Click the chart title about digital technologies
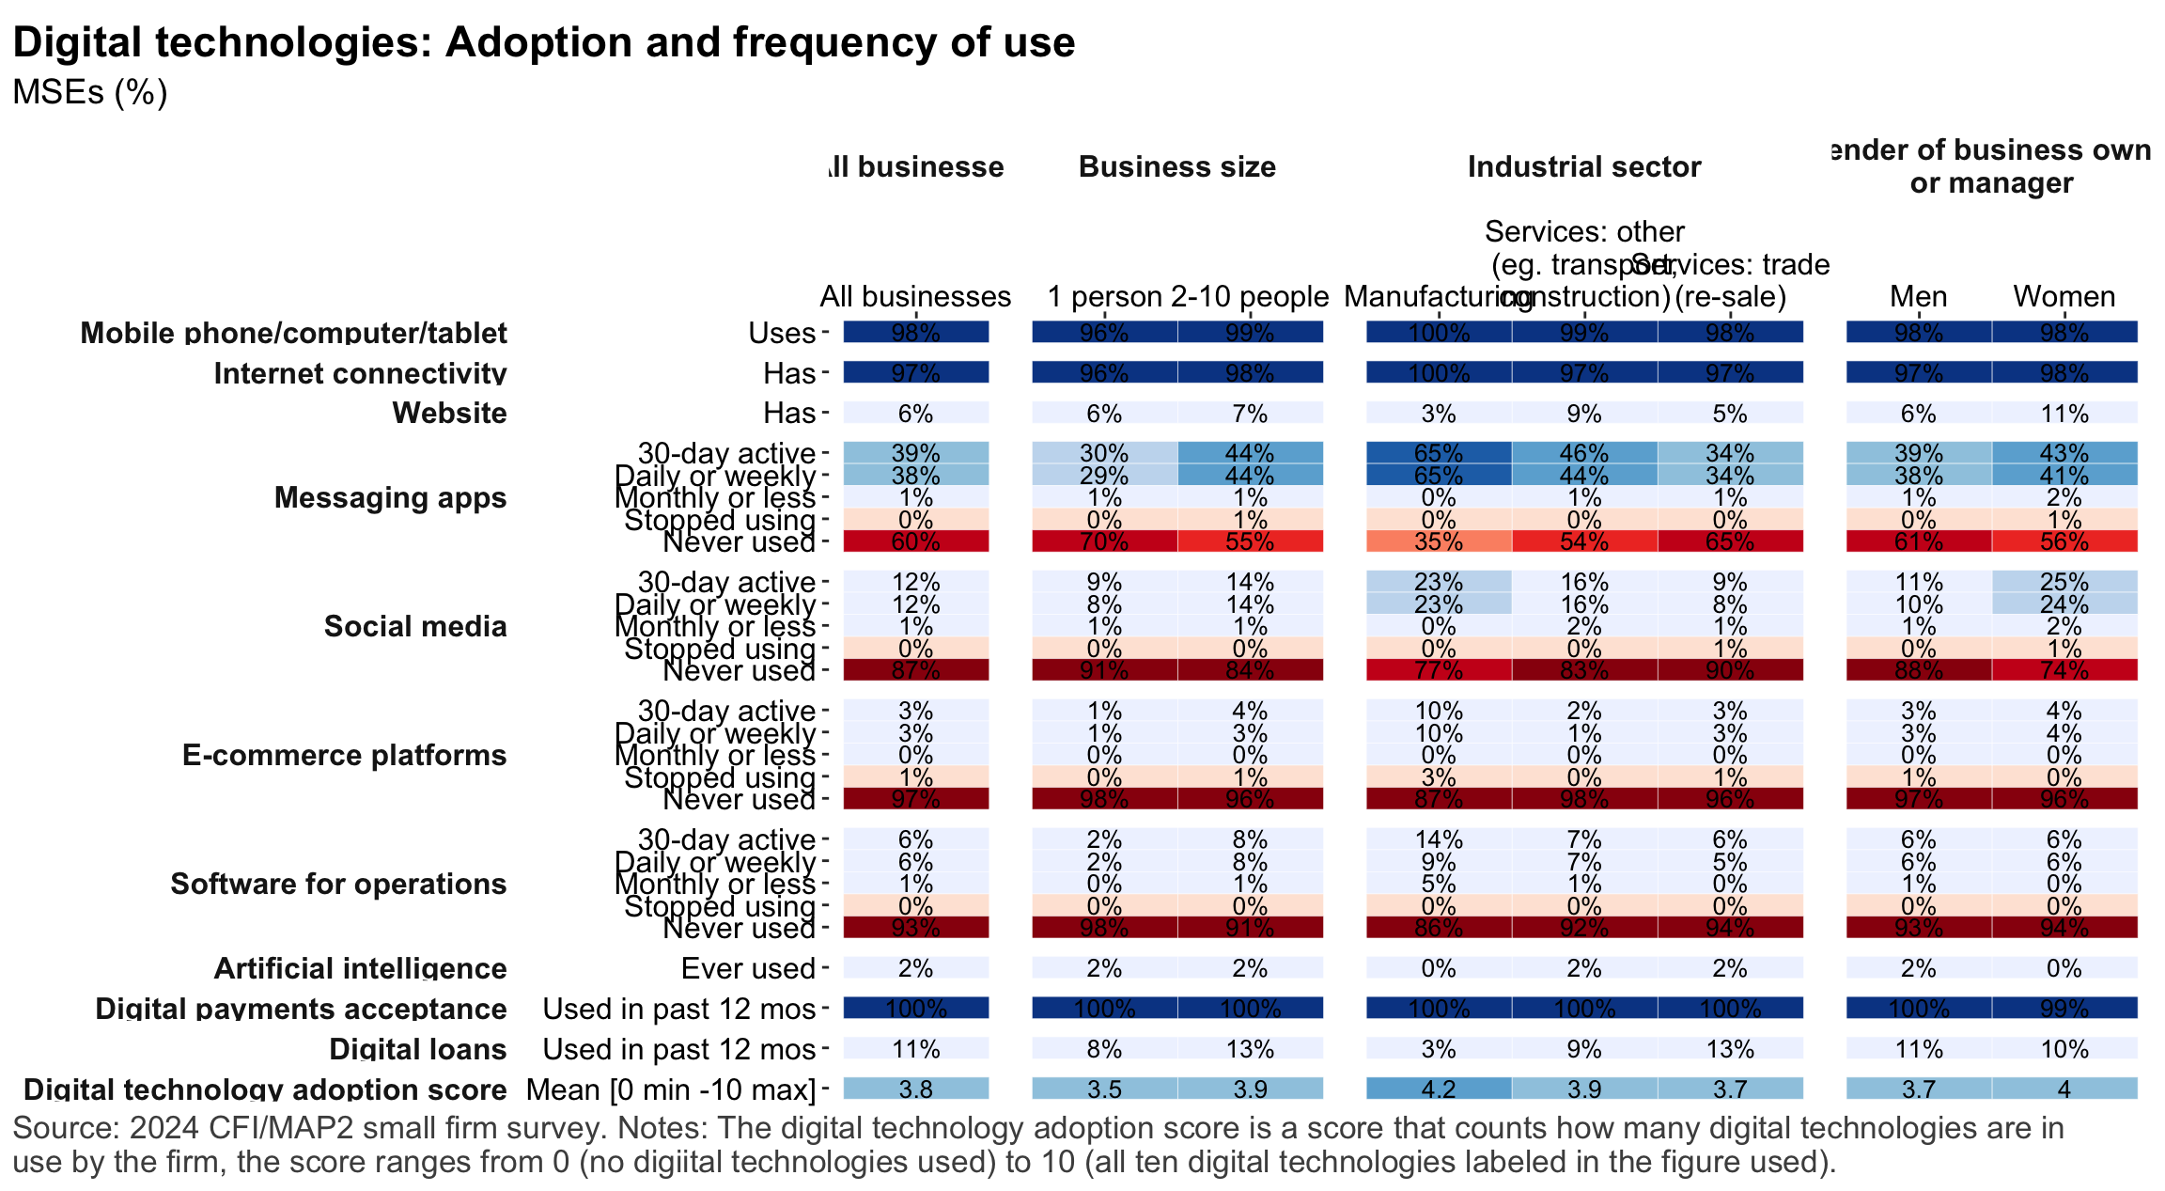click(x=543, y=43)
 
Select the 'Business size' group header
click(x=1176, y=167)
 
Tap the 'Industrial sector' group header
click(x=1584, y=167)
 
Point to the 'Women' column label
click(x=2064, y=297)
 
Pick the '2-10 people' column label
click(x=1250, y=297)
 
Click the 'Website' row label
click(x=449, y=414)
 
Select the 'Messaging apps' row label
click(x=390, y=497)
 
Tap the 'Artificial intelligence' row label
click(x=360, y=968)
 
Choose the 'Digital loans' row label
click(x=417, y=1049)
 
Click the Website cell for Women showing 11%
click(x=2064, y=414)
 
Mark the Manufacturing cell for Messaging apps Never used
click(x=1438, y=541)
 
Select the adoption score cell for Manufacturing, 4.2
click(x=1438, y=1089)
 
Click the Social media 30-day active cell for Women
click(x=2064, y=582)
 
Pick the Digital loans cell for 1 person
click(x=1103, y=1049)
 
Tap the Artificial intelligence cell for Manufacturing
click(x=1438, y=968)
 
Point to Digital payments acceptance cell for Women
click(x=2064, y=1009)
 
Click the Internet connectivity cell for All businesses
click(x=915, y=373)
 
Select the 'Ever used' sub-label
click(x=748, y=968)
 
